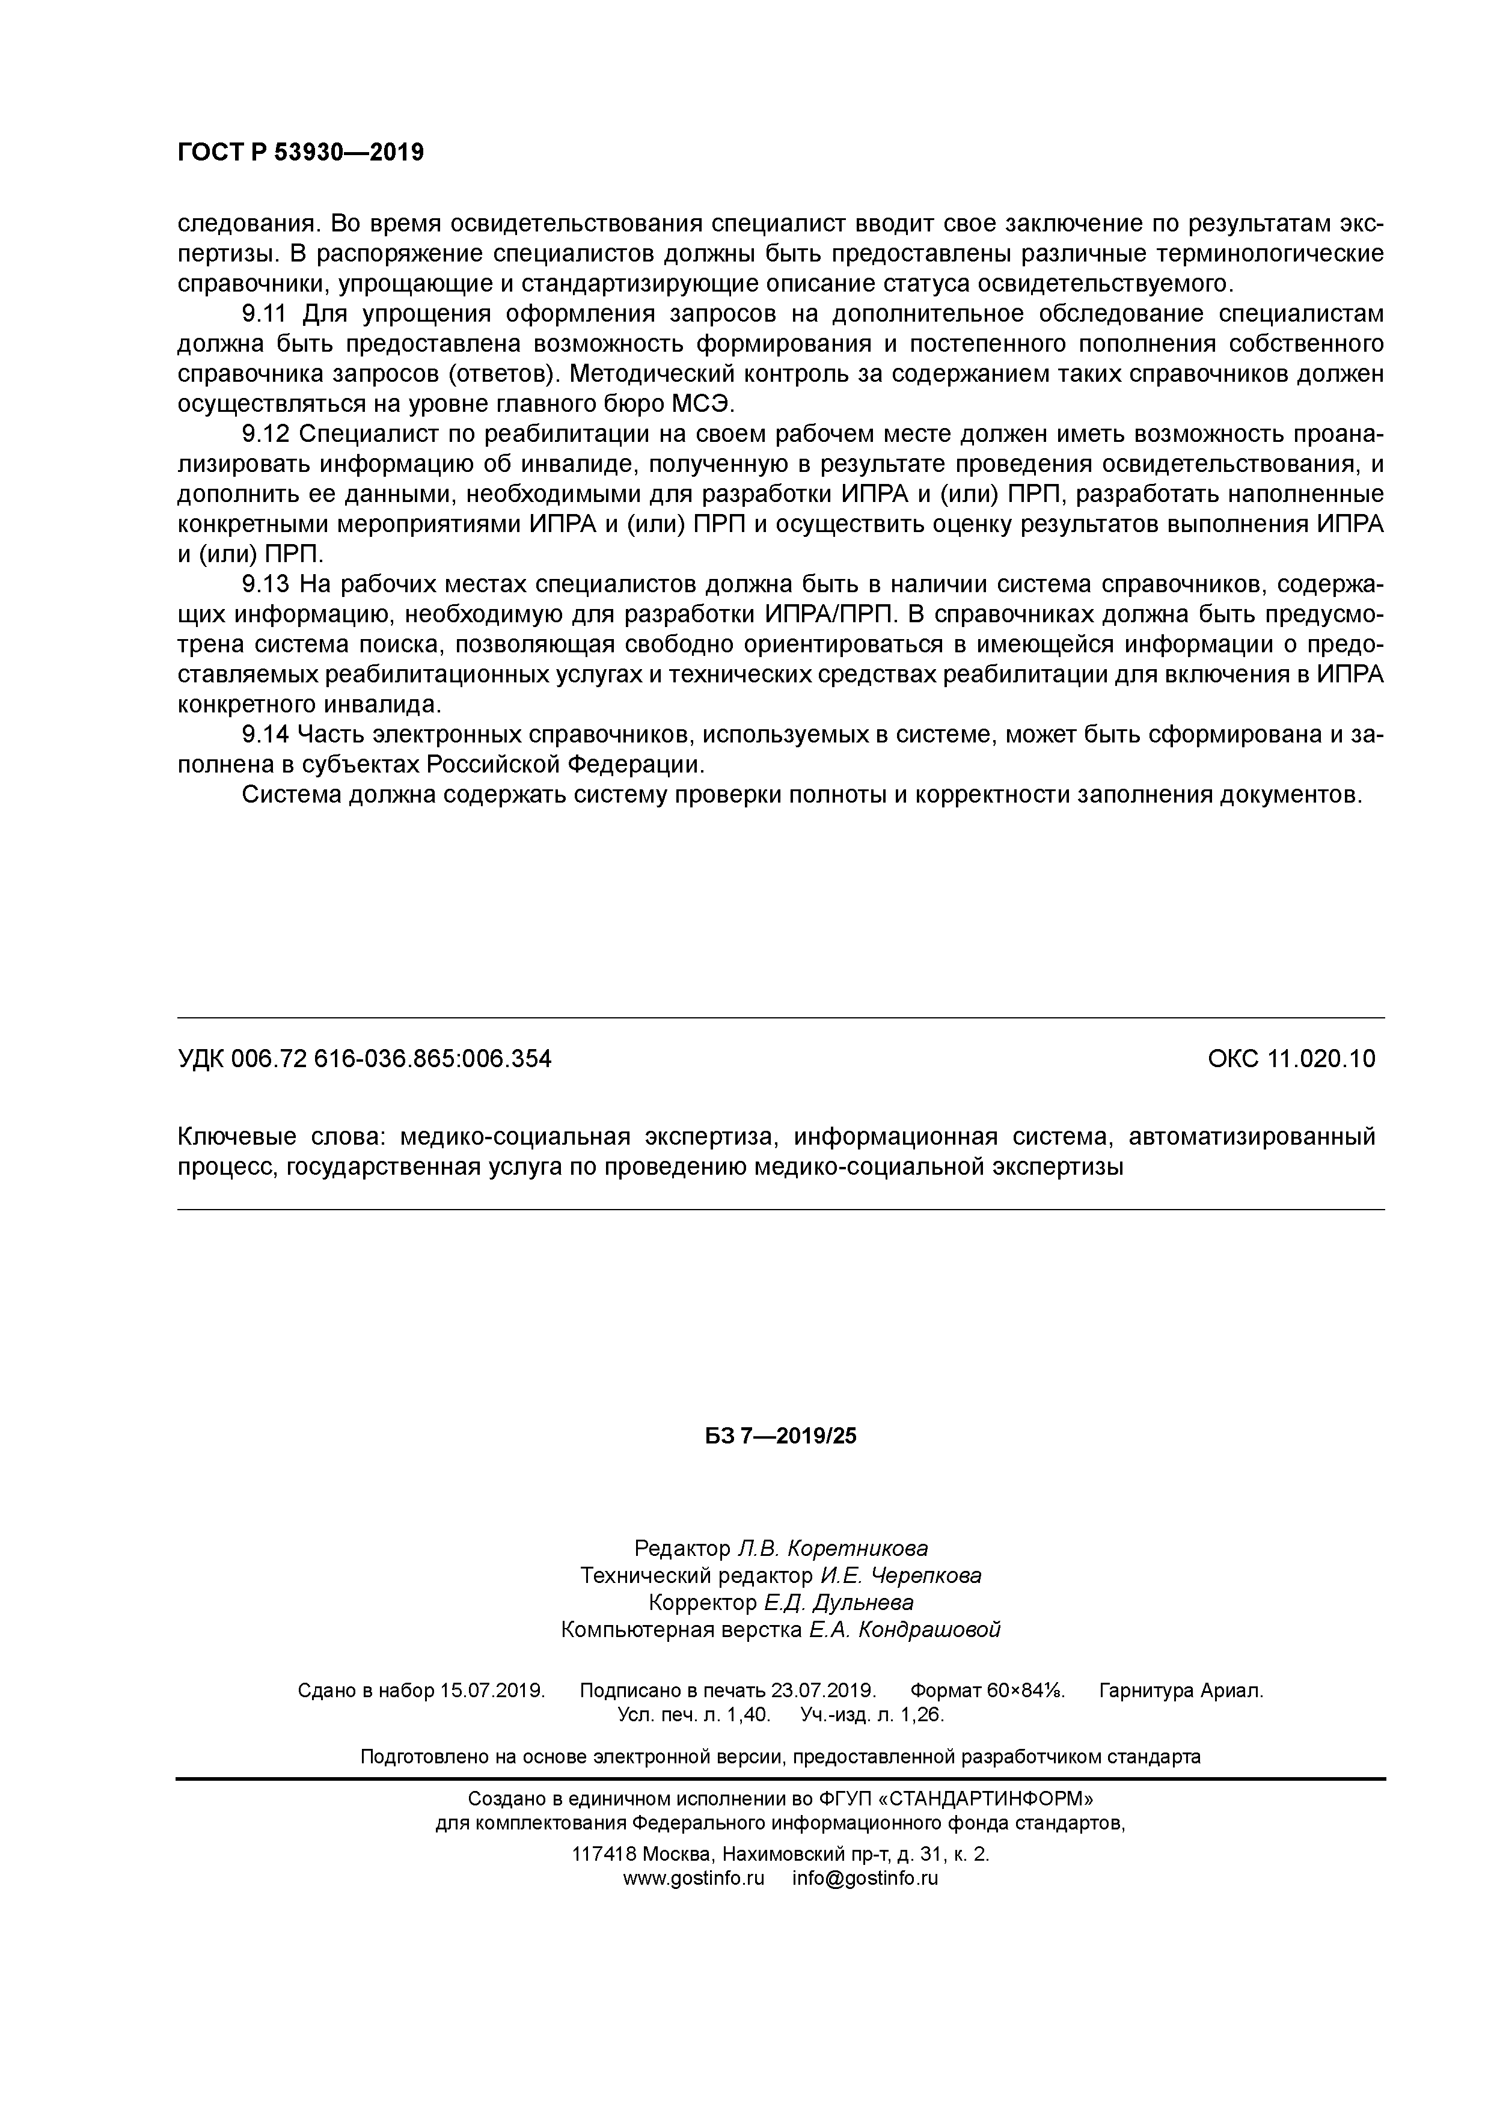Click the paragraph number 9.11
click(x=265, y=314)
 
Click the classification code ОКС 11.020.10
click(x=1291, y=1059)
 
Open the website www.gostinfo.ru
click(x=694, y=1879)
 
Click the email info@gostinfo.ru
click(x=865, y=1879)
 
